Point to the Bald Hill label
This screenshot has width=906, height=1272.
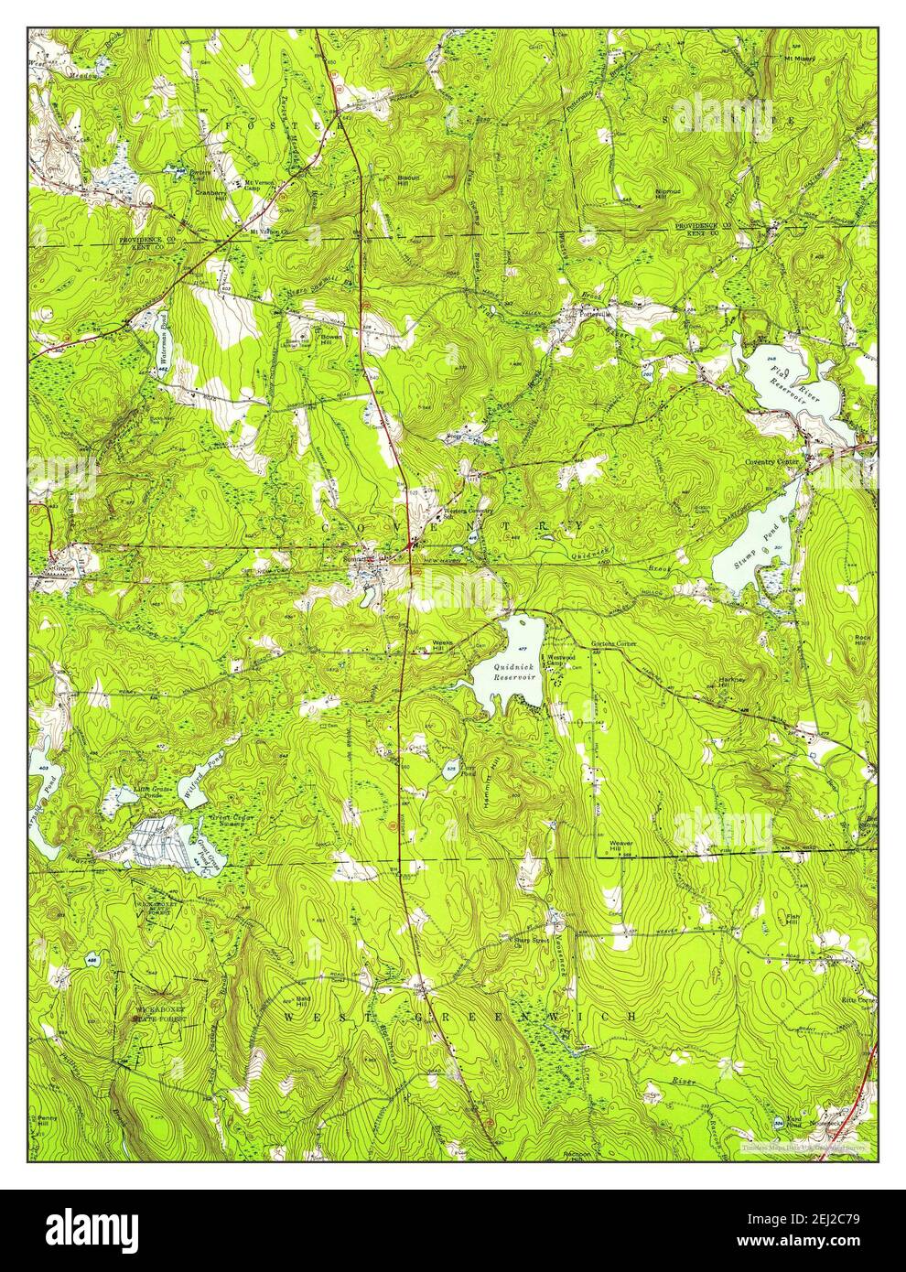tap(306, 1002)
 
